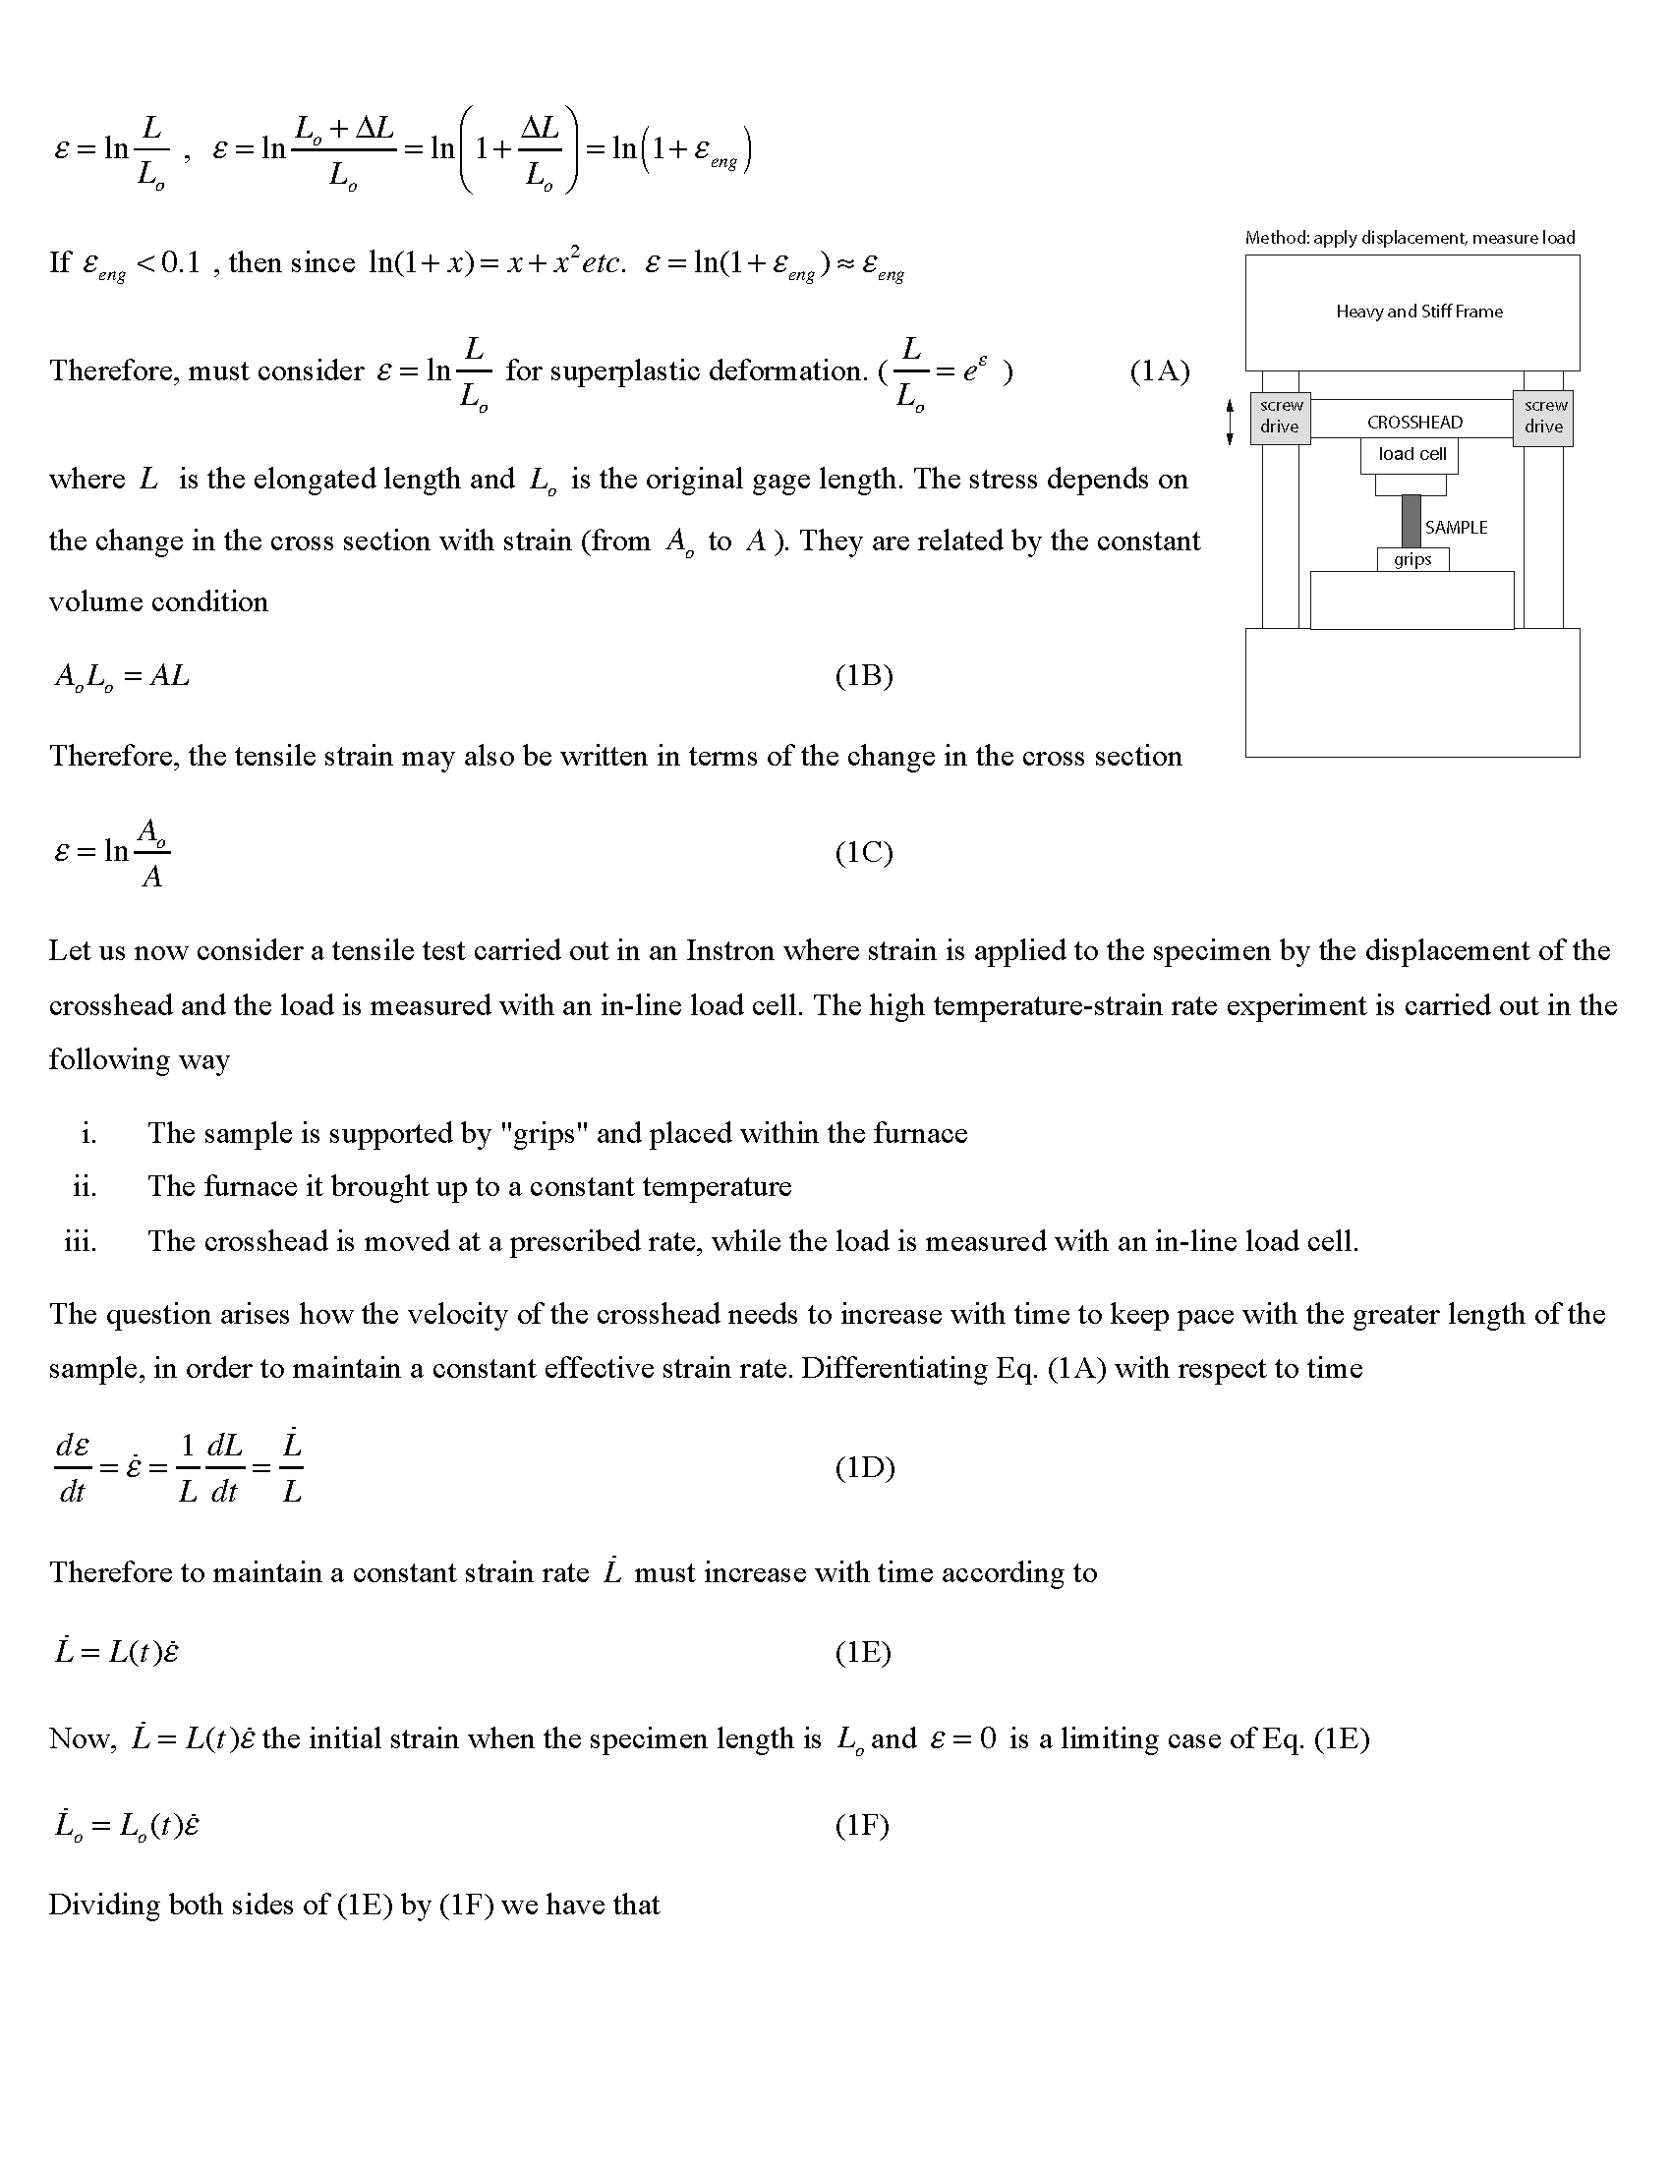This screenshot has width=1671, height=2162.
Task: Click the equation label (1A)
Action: pyautogui.click(x=1159, y=371)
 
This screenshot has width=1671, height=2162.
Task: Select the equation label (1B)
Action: pyautogui.click(x=863, y=676)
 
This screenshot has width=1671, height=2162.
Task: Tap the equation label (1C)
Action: pyautogui.click(x=863, y=852)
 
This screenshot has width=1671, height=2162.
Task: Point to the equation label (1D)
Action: pyautogui.click(x=864, y=1467)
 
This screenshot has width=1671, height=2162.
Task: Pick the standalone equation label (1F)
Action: pyautogui.click(x=861, y=1825)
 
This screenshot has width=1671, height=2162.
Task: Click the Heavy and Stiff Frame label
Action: pyautogui.click(x=1418, y=312)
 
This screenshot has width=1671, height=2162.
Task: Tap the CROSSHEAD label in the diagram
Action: pyautogui.click(x=1413, y=423)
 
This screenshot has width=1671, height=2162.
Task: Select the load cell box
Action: pyautogui.click(x=1411, y=454)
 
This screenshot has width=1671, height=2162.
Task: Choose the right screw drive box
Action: pyautogui.click(x=1543, y=417)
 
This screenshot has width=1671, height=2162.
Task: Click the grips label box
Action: pyautogui.click(x=1412, y=560)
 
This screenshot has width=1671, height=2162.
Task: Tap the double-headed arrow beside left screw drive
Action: pyautogui.click(x=1230, y=422)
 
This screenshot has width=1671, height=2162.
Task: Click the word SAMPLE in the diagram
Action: pyautogui.click(x=1455, y=528)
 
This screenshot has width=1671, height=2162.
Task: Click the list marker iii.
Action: pyautogui.click(x=81, y=1241)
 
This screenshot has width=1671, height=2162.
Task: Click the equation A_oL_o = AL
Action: pyautogui.click(x=122, y=677)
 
